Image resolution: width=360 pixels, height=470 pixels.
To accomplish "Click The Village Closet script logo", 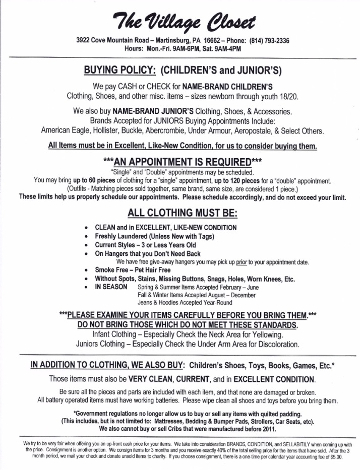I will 179,22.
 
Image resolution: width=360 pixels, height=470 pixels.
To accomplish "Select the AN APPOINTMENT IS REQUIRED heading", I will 179,162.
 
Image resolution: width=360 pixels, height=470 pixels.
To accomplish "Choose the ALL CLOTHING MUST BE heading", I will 179,212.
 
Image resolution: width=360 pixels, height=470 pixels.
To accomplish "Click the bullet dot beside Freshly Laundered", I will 88,236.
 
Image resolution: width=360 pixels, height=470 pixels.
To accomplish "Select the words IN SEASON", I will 111,287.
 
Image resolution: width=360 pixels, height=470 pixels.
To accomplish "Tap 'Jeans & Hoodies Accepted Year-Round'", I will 185,303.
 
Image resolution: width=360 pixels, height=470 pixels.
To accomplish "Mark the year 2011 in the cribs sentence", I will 267,429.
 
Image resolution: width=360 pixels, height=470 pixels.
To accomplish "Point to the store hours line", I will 179,49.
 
